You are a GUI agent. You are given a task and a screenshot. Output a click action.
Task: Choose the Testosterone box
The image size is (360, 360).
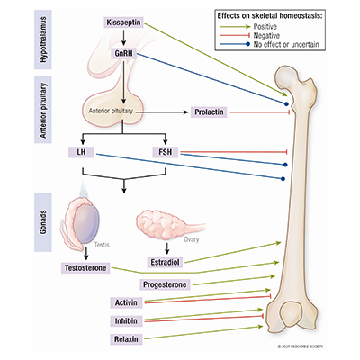92,267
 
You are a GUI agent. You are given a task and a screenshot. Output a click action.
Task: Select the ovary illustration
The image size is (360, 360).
166,225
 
